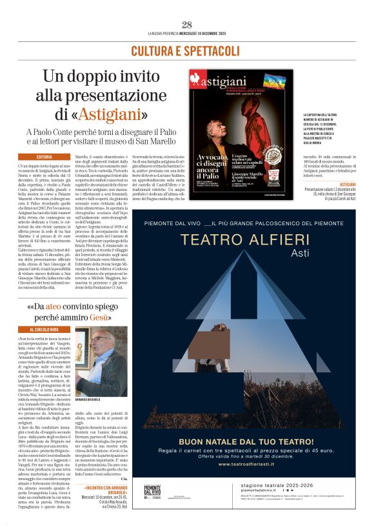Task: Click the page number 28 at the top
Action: click(x=187, y=25)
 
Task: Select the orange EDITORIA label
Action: click(x=44, y=157)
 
